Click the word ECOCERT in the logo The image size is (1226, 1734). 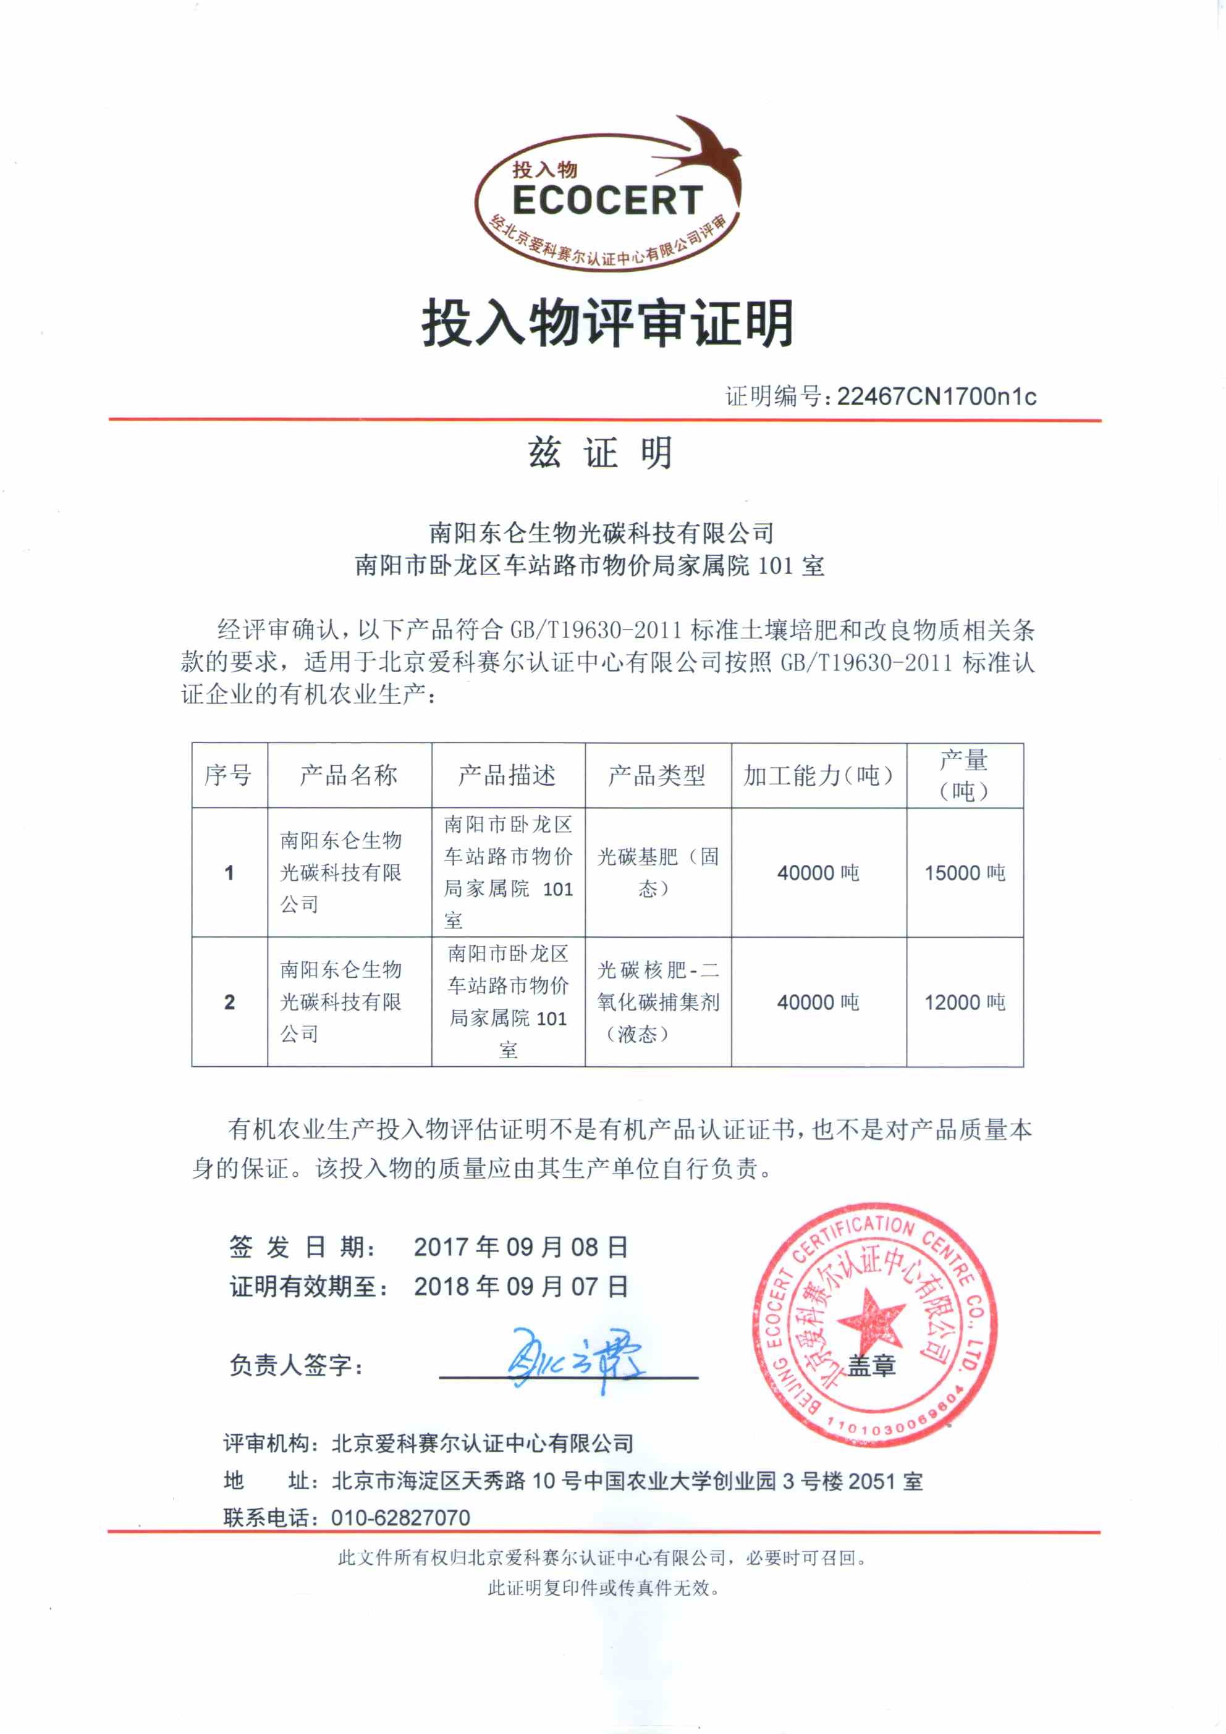tap(607, 201)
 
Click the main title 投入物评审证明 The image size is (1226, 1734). tap(608, 323)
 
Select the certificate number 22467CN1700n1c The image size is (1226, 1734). tap(936, 397)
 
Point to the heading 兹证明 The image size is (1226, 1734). tap(601, 453)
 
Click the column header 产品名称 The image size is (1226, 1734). tap(349, 775)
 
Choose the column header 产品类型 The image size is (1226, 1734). tap(656, 775)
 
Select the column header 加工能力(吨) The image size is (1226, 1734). tap(818, 775)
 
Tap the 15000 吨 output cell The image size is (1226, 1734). tap(965, 873)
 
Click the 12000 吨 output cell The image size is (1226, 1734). tap(965, 1002)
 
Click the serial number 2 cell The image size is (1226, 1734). tap(230, 1002)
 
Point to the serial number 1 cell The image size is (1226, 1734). tap(230, 873)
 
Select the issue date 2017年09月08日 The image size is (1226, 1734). tap(520, 1247)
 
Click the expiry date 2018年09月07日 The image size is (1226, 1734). tap(520, 1286)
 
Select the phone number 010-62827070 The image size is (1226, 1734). tap(400, 1517)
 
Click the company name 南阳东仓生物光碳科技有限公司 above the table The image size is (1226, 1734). tap(601, 533)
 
